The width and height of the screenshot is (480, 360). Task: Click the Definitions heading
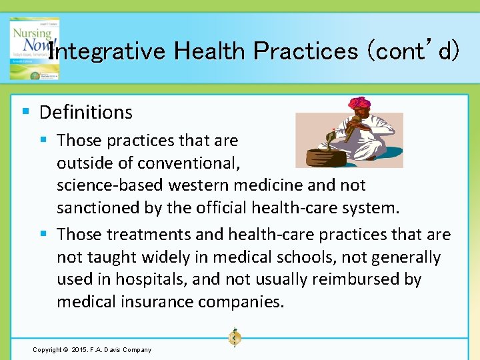click(x=85, y=112)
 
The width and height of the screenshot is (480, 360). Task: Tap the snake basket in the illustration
click(x=320, y=157)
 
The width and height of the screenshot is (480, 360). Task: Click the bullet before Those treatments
click(x=43, y=234)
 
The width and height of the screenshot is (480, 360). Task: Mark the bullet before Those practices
click(x=43, y=140)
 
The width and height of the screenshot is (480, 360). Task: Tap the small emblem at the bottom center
click(x=234, y=338)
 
